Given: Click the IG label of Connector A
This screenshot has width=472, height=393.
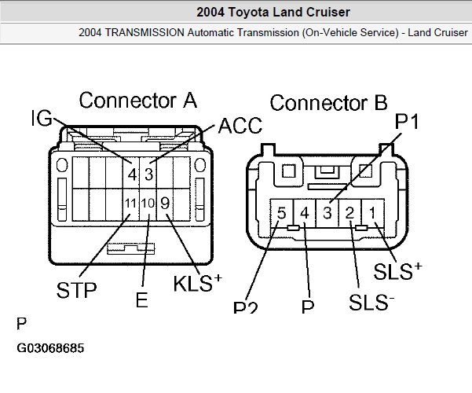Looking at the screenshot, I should (x=42, y=118).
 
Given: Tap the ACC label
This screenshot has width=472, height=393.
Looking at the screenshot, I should (x=240, y=126).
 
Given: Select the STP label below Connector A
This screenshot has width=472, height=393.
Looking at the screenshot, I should (x=76, y=290).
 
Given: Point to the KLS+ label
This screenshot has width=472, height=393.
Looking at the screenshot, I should (x=197, y=283).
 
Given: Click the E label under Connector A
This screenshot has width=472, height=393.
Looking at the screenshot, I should (x=141, y=299).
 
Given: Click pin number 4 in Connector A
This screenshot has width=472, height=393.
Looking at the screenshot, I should (x=134, y=174).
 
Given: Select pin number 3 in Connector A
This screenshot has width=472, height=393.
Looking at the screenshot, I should (x=148, y=174).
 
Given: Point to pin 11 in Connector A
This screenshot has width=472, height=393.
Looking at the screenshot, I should (x=131, y=204).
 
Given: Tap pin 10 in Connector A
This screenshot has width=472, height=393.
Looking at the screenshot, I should (x=148, y=204).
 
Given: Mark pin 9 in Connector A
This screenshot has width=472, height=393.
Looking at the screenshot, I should (x=165, y=203).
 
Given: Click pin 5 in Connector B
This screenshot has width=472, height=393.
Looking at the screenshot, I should (x=282, y=212).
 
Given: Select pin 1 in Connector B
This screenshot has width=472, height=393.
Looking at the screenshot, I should (x=374, y=212).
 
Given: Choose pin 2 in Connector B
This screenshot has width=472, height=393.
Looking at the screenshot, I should (x=351, y=212).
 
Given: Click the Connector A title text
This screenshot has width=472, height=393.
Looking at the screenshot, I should (x=137, y=100).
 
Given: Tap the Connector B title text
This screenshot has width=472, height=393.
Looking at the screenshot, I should (x=328, y=103).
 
